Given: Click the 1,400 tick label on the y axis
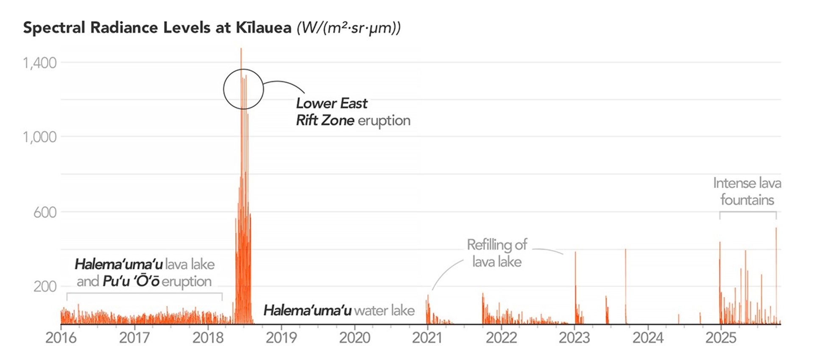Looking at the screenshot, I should [x=39, y=63].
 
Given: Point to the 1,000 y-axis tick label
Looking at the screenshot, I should [x=39, y=137].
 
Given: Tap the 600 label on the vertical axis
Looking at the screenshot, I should [x=45, y=212].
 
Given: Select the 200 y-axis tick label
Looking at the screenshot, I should [x=45, y=287].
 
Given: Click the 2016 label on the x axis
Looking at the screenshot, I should [x=61, y=338].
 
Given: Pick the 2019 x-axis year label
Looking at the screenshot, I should [x=281, y=338].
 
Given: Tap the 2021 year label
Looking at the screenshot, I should [x=427, y=338].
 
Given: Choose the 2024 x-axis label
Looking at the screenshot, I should [x=648, y=338].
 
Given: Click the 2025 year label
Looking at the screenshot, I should [x=721, y=338].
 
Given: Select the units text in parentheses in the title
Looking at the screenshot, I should [x=348, y=28].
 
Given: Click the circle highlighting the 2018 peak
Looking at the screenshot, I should [x=244, y=89].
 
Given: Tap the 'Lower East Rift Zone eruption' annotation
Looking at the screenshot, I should [x=353, y=112].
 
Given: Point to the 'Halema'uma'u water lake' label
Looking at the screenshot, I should [x=339, y=310].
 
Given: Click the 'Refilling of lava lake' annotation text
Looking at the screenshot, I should [x=497, y=253].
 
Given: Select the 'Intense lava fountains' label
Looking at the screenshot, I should [x=747, y=191].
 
